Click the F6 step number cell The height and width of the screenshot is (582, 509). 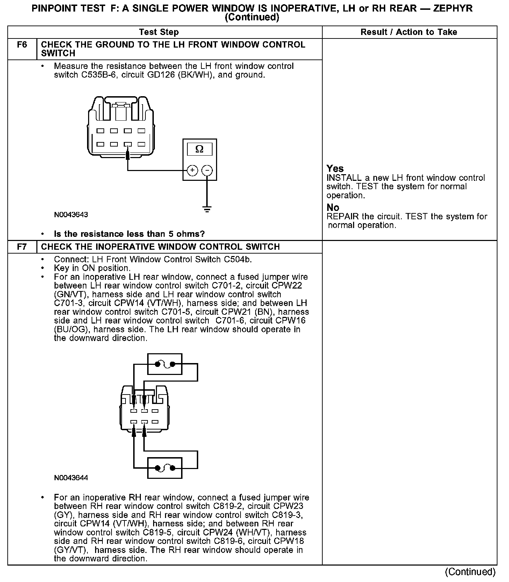tap(22, 45)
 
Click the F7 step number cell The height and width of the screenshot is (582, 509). tap(22, 247)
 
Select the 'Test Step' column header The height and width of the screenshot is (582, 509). tap(159, 32)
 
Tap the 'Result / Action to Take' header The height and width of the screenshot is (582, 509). tap(409, 32)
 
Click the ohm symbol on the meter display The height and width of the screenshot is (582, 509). tap(199, 149)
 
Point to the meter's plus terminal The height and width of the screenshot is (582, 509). tap(192, 170)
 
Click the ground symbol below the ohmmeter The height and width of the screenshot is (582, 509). tap(207, 210)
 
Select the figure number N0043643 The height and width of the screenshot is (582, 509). tap(71, 215)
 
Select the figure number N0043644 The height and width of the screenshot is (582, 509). tap(71, 478)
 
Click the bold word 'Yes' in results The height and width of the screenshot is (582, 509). tap(335, 169)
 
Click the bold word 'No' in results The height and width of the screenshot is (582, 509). tap(333, 208)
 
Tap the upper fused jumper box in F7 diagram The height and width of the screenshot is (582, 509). tap(165, 364)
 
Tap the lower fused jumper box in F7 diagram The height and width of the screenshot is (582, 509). tap(165, 468)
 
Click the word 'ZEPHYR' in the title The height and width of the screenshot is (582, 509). tap(453, 8)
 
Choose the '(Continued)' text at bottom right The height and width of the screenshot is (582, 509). tap(470, 572)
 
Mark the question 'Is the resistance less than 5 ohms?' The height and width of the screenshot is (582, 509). tap(129, 234)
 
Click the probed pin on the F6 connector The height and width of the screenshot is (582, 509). tap(128, 144)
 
